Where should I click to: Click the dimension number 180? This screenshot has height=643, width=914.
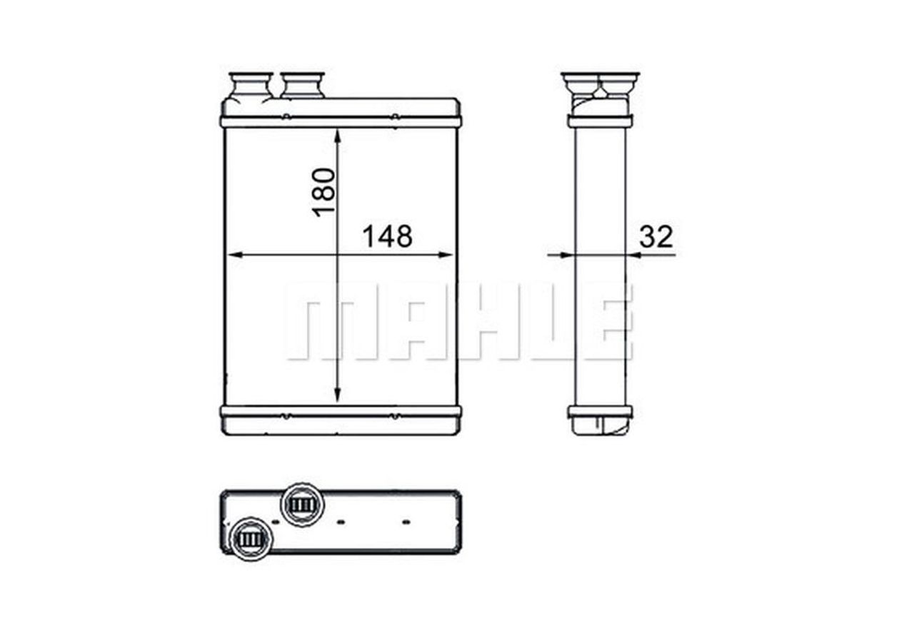[x=323, y=191]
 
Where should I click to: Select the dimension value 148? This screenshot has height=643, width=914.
[x=387, y=236]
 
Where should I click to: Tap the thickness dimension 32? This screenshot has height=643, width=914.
[x=656, y=236]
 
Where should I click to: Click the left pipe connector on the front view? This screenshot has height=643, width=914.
[x=250, y=85]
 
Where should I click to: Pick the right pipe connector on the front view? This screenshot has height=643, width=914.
[x=302, y=85]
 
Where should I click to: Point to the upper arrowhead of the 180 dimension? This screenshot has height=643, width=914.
[x=337, y=136]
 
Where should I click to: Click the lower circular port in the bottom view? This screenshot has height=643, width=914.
[x=251, y=539]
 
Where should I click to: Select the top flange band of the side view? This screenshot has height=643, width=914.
[x=600, y=121]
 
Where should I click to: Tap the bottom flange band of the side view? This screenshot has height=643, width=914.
[x=600, y=412]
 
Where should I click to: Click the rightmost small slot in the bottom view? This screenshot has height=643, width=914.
[x=406, y=522]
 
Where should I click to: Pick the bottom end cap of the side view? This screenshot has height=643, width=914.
[x=600, y=426]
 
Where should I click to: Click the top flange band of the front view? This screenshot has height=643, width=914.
[x=341, y=122]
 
